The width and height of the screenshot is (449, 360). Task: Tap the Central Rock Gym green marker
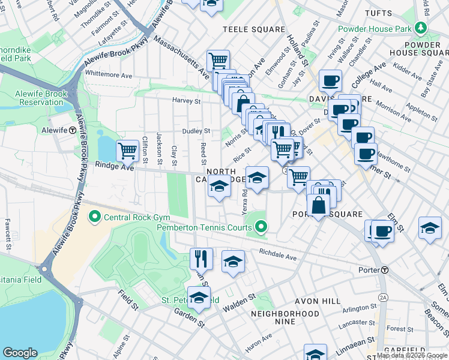94,216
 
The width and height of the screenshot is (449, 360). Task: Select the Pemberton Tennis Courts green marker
261,227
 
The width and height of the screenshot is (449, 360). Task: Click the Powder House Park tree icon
421,28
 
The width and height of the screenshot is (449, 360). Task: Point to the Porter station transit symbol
384,270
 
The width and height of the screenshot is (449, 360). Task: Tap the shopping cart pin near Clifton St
128,151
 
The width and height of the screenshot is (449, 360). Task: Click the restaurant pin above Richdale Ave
201,259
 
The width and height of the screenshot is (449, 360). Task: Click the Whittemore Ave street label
109,75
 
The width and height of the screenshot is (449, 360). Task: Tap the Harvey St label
185,100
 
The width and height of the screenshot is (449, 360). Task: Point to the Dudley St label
196,131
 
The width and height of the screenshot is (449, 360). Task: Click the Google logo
20,353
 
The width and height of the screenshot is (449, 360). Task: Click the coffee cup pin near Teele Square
330,80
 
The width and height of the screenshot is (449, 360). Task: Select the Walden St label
240,296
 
